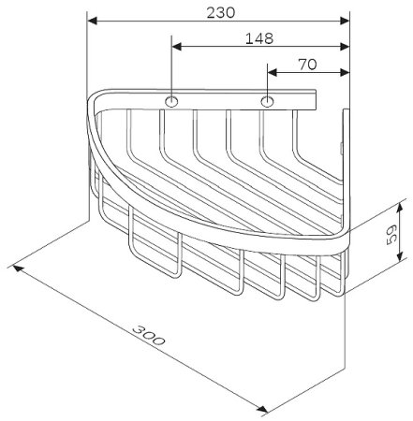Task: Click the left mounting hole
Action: (x=172, y=100)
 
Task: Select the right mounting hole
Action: (x=268, y=100)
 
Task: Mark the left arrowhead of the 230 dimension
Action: (x=92, y=20)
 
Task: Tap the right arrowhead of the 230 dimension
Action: (x=345, y=20)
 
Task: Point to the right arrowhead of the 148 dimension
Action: (x=345, y=46)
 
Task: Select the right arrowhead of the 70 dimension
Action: (x=345, y=71)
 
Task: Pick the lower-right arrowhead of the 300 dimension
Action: (x=265, y=409)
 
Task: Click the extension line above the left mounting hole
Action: (x=172, y=65)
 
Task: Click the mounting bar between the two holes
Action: (x=220, y=100)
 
